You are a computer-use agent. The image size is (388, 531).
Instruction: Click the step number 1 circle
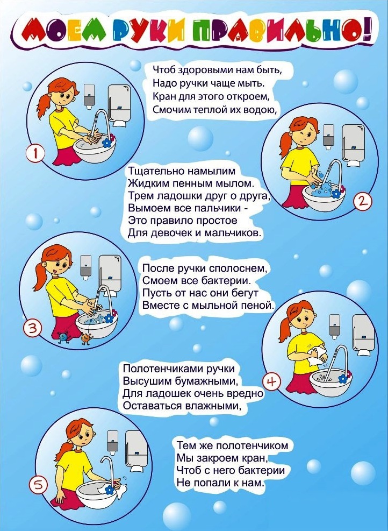(x=35, y=154)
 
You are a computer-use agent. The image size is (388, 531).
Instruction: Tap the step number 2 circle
(x=362, y=202)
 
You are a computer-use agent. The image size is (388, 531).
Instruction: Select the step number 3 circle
(x=32, y=328)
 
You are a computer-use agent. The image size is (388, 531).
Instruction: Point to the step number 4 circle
(x=272, y=381)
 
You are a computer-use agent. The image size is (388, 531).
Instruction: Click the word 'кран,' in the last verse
(x=251, y=458)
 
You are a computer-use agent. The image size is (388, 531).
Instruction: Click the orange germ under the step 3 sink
(x=87, y=338)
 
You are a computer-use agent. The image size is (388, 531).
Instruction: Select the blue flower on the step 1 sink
(x=107, y=143)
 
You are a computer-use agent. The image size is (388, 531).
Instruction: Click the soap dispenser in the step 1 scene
(x=89, y=97)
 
